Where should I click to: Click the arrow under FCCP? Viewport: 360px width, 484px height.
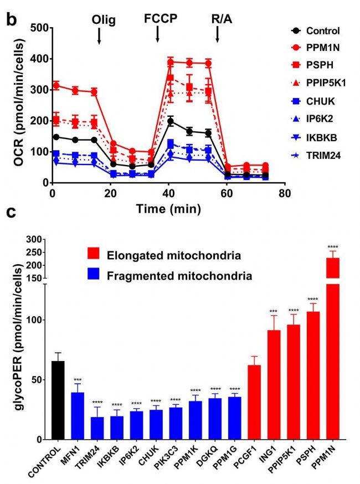[x=158, y=34]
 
